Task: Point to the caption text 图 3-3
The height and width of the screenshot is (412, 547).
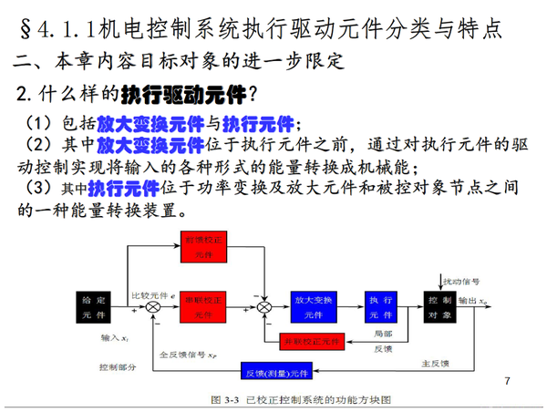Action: coord(222,400)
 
